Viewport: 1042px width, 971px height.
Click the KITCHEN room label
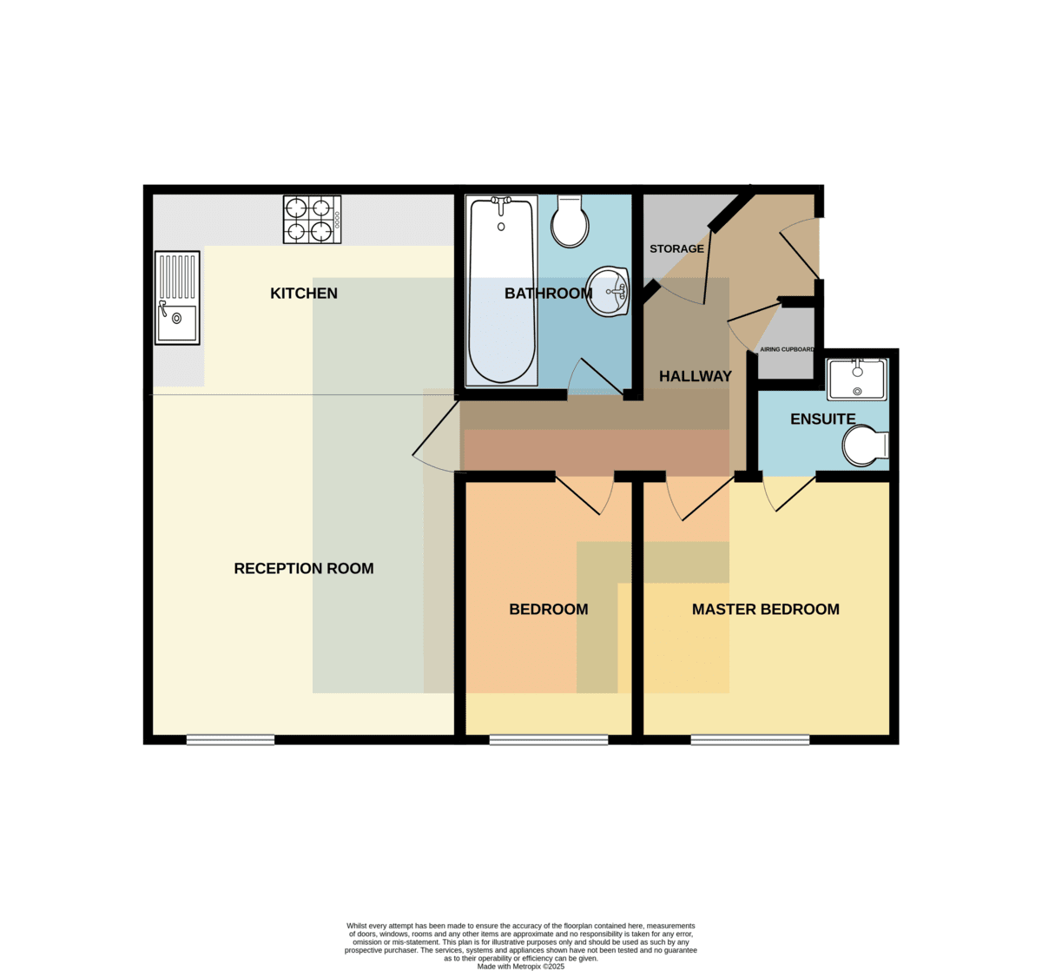click(x=304, y=294)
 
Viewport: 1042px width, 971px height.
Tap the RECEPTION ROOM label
click(x=304, y=568)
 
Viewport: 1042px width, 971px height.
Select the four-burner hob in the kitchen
click(x=313, y=220)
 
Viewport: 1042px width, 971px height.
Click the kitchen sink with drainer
click(x=177, y=298)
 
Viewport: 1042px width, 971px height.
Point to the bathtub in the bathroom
click(x=502, y=290)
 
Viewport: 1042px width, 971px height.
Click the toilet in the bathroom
click(x=570, y=221)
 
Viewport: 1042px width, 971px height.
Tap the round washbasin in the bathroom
click(x=608, y=291)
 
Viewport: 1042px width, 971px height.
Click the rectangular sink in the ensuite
click(x=857, y=380)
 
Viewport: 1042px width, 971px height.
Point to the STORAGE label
click(x=676, y=248)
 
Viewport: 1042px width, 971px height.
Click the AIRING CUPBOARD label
click(x=787, y=349)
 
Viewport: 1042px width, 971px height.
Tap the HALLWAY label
click(x=696, y=376)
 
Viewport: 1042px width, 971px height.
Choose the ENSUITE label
click(x=823, y=419)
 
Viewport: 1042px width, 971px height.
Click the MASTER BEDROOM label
click(x=766, y=610)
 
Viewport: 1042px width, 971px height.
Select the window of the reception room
click(x=231, y=739)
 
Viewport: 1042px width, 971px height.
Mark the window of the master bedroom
click(x=750, y=739)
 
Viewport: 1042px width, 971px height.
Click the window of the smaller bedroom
click(x=549, y=739)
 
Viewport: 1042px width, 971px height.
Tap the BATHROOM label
click(x=549, y=294)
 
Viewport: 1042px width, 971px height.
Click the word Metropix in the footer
click(x=526, y=967)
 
